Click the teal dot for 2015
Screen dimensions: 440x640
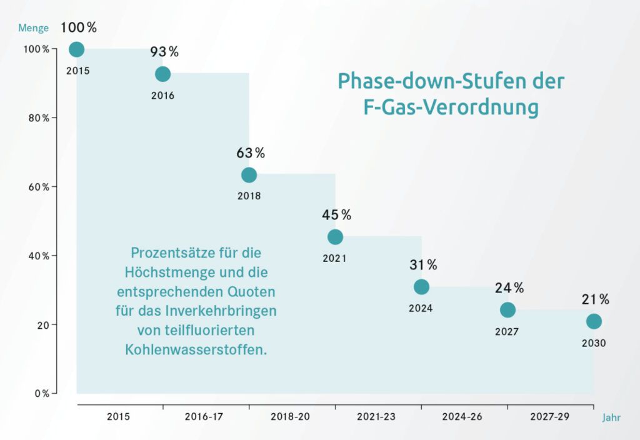pos(77,49)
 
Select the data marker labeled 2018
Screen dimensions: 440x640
pos(249,175)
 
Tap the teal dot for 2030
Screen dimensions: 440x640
pos(594,321)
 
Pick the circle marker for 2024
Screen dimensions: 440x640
pos(421,287)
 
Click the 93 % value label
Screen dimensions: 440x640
pos(164,52)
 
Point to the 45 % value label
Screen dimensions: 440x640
pos(336,215)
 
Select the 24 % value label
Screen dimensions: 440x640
pos(509,288)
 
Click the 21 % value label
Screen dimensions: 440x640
pos(595,300)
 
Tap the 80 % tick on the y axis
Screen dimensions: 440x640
pos(37,118)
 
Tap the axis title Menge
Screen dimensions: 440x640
pos(32,28)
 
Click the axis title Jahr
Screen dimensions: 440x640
pos(612,417)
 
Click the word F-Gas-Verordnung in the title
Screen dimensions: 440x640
pos(451,107)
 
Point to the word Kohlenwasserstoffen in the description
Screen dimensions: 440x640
pos(196,349)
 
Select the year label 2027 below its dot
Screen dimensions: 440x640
pos(507,332)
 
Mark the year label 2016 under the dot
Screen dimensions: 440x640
pos(162,96)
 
